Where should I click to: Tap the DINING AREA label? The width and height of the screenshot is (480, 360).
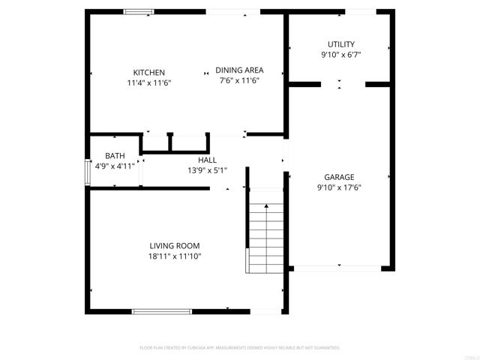coord(239,70)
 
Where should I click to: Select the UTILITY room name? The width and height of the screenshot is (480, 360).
coord(340,44)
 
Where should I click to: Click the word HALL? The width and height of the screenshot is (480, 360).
coord(207,160)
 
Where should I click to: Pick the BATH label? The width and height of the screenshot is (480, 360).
coord(115,156)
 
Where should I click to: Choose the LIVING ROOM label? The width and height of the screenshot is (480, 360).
coord(175,246)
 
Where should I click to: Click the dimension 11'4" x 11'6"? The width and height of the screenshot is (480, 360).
coord(149,82)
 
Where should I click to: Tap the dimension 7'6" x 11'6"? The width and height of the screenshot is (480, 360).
coord(239,80)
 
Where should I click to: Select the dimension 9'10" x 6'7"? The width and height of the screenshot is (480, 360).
coord(340,55)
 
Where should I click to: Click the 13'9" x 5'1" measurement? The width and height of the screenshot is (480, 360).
coord(207,170)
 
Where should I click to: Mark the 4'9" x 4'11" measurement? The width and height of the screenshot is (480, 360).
coord(115,166)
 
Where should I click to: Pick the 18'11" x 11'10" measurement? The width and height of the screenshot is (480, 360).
coord(175,256)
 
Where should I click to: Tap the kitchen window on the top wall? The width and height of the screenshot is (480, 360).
coord(139,11)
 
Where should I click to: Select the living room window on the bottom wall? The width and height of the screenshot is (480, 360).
coord(161,310)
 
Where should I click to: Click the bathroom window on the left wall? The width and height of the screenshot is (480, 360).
coord(88,172)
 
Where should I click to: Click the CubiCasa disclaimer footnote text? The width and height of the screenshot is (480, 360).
coord(240,348)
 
